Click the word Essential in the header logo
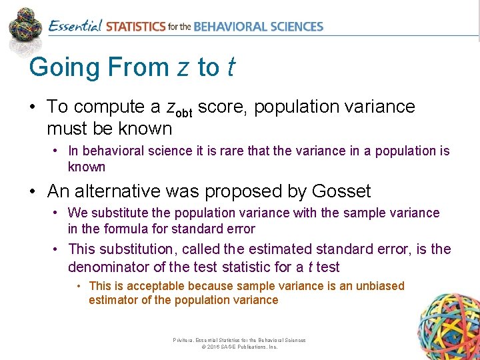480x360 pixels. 75,27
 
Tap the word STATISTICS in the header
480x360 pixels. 135,27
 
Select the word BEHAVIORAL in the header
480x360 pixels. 232,27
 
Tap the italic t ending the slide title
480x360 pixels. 230,67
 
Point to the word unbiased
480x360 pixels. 378,285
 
